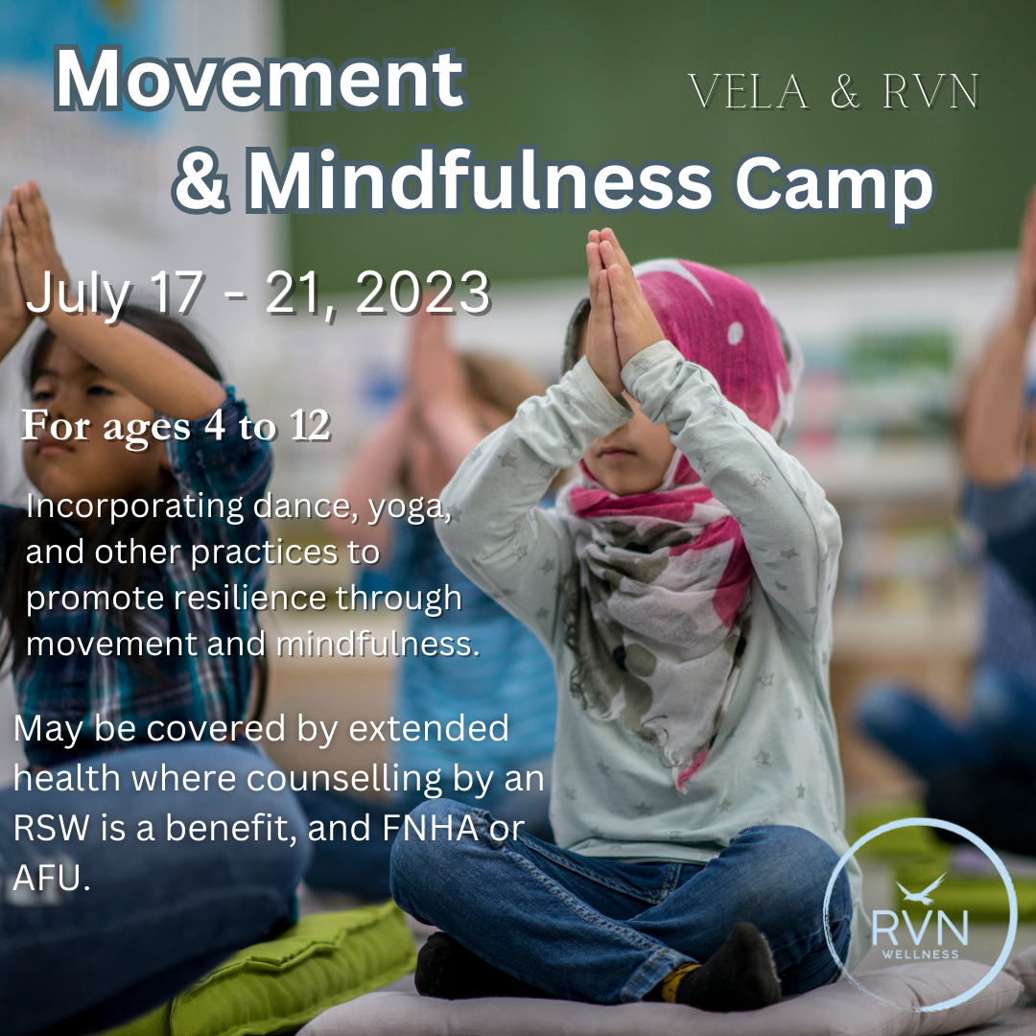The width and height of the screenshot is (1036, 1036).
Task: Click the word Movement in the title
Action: point(259,82)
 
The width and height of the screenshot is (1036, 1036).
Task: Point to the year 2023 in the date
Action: point(422,294)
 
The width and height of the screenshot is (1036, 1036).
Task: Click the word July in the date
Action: point(77,294)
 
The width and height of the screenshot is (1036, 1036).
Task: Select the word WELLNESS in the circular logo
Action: point(921,954)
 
